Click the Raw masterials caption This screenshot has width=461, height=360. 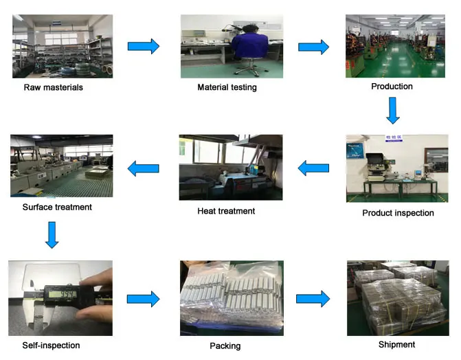(53, 87)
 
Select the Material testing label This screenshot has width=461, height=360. (227, 87)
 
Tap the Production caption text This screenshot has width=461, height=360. (392, 87)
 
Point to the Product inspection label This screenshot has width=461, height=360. (398, 213)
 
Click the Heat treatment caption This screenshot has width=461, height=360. (226, 211)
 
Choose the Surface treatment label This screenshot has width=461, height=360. (57, 207)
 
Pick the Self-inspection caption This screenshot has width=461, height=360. (51, 346)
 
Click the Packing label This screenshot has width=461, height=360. (225, 346)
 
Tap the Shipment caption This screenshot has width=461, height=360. (396, 344)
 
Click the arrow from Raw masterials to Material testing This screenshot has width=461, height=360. (144, 47)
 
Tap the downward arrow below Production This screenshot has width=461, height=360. (392, 110)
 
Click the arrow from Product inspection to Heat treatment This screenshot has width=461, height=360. (313, 168)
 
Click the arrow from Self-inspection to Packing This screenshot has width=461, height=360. (144, 299)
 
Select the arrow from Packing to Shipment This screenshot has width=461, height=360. (313, 299)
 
